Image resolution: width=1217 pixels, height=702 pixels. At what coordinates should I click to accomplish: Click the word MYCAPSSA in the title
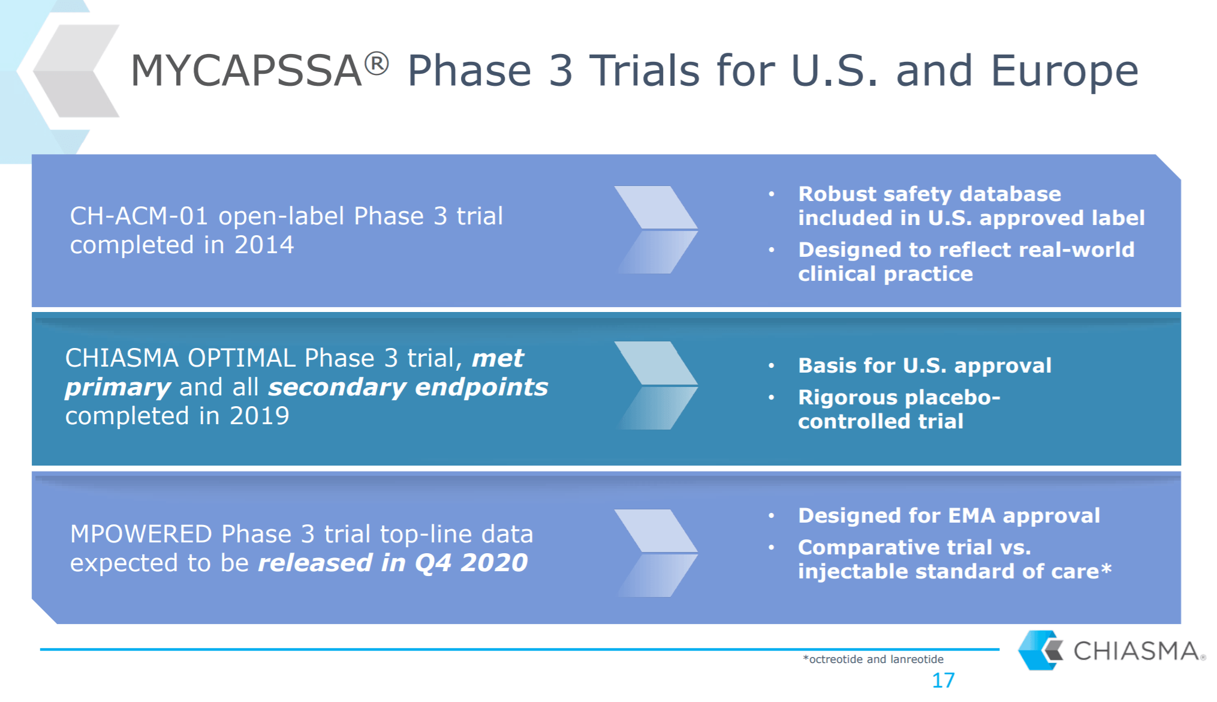(x=246, y=71)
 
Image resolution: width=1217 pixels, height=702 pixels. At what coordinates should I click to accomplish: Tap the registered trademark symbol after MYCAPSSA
(x=376, y=64)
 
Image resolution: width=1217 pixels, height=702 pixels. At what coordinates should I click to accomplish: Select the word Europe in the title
(x=1064, y=71)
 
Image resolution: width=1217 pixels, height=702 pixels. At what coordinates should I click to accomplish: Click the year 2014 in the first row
(x=264, y=245)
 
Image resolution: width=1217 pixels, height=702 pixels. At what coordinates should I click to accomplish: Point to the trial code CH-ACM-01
(x=138, y=216)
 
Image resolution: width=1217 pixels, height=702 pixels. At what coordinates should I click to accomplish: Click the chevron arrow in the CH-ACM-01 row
(x=656, y=230)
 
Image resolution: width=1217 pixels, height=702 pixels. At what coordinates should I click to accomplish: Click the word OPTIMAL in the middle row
(x=242, y=358)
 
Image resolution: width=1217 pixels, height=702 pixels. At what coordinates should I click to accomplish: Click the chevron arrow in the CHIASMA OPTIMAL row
(x=656, y=385)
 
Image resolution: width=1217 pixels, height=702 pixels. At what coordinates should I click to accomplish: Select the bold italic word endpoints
(x=481, y=388)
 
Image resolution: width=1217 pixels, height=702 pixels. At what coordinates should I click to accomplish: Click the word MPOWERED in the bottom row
(x=141, y=534)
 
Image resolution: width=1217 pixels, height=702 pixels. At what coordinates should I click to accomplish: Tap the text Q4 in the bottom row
(x=432, y=563)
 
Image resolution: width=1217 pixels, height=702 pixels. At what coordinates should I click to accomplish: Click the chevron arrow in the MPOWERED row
(x=656, y=553)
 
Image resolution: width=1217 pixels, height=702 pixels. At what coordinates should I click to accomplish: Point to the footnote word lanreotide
(x=917, y=659)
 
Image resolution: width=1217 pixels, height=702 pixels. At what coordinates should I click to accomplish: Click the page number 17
(x=943, y=680)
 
